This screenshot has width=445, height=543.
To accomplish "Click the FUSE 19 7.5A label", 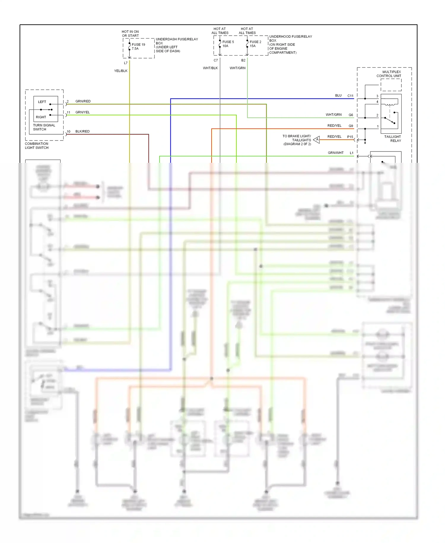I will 138,47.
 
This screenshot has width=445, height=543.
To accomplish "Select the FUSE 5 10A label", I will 228,44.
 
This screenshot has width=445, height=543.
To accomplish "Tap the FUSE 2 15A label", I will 255,44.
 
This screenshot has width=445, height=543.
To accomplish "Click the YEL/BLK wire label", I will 121,71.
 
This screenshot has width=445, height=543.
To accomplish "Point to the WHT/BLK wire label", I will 210,68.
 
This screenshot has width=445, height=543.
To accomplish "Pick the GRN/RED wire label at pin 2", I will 83,101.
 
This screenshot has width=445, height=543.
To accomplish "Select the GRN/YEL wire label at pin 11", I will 82,112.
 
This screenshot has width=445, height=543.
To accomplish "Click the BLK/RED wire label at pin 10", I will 82,131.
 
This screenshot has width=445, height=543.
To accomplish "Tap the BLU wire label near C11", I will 338,96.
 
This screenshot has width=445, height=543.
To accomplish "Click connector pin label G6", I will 351,115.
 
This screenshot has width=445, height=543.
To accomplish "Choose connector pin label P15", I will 350,137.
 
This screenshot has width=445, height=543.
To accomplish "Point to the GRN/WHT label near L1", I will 336,153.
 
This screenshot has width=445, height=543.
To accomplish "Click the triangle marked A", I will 317,140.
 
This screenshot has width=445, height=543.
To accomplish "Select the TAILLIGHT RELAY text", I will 392,139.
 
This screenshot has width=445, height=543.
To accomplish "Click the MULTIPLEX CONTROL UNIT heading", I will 389,74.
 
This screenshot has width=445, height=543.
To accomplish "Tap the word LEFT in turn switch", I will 42,102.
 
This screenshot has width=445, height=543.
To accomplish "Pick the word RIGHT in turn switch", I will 41,117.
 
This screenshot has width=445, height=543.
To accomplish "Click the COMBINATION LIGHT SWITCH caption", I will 36,146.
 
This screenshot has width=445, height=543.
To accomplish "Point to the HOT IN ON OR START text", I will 130,34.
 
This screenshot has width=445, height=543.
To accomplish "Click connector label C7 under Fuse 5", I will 216,60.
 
